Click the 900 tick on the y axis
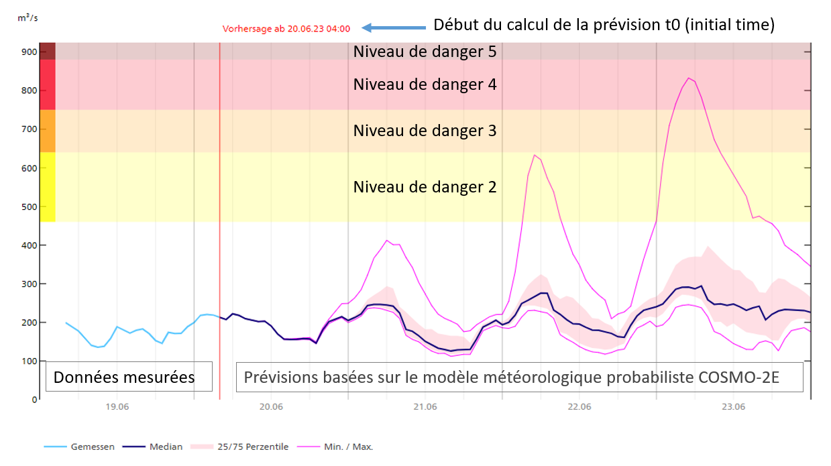[29, 52]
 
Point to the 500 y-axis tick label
[29, 207]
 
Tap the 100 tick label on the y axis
[29, 361]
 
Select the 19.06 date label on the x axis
[116, 407]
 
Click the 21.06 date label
[425, 407]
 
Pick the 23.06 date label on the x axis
[733, 407]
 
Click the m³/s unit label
[27, 17]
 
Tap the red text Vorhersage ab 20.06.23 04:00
[286, 29]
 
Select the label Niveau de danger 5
[425, 52]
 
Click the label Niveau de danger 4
[425, 84]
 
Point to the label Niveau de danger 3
[425, 131]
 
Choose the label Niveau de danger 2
[425, 187]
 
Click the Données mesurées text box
[124, 377]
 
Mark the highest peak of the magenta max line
[688, 78]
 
